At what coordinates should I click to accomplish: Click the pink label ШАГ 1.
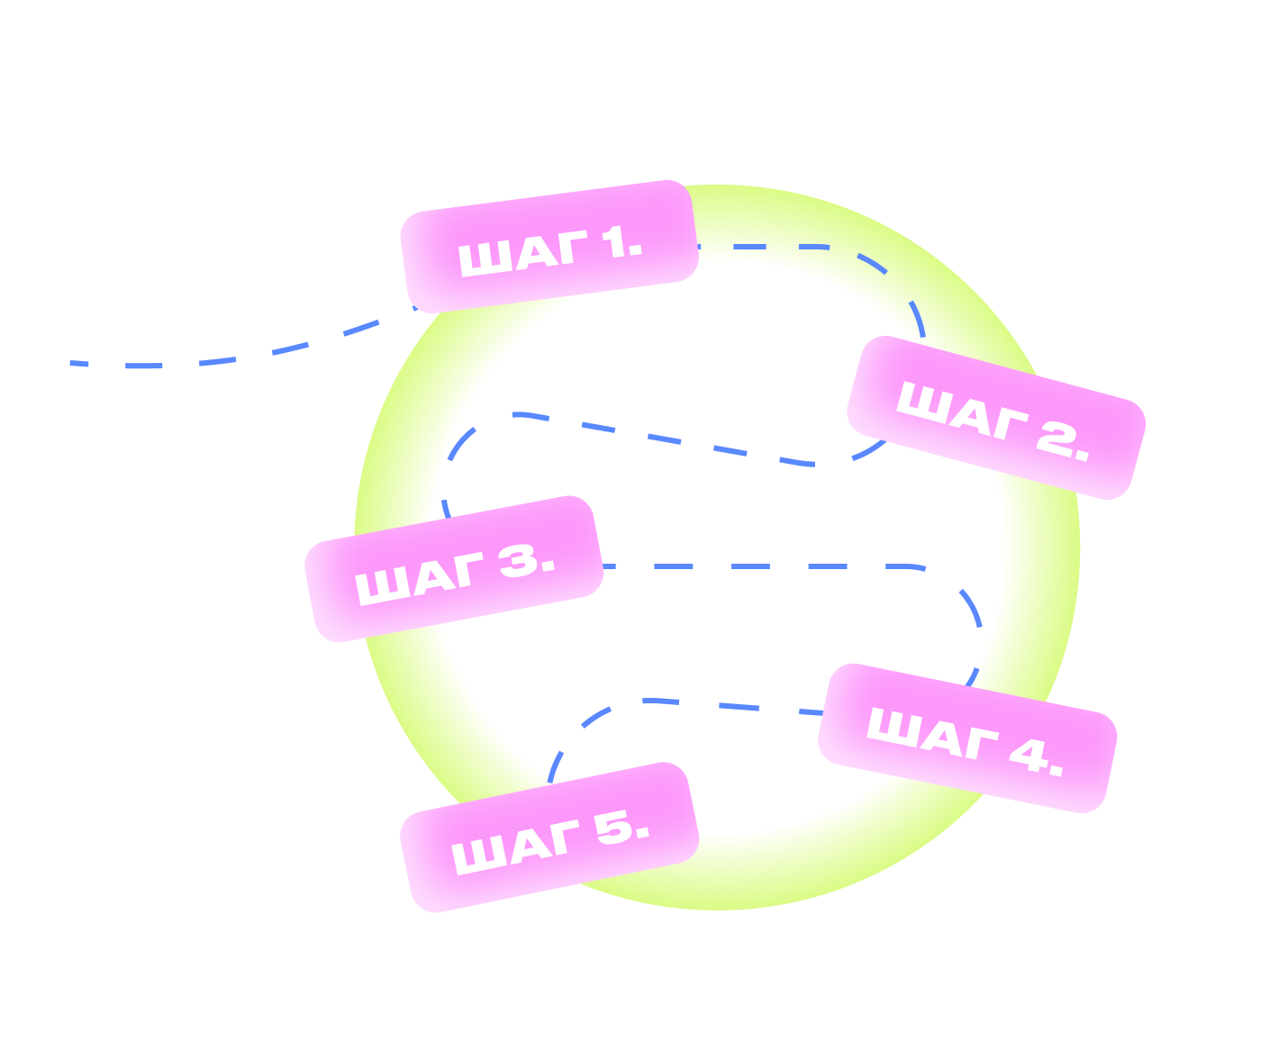[x=549, y=246]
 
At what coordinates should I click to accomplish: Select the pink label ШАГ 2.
[x=996, y=418]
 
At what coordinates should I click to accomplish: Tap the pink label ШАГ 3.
[x=454, y=569]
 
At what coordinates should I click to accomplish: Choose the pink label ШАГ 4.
[x=967, y=738]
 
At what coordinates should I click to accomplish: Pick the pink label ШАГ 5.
[x=549, y=837]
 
